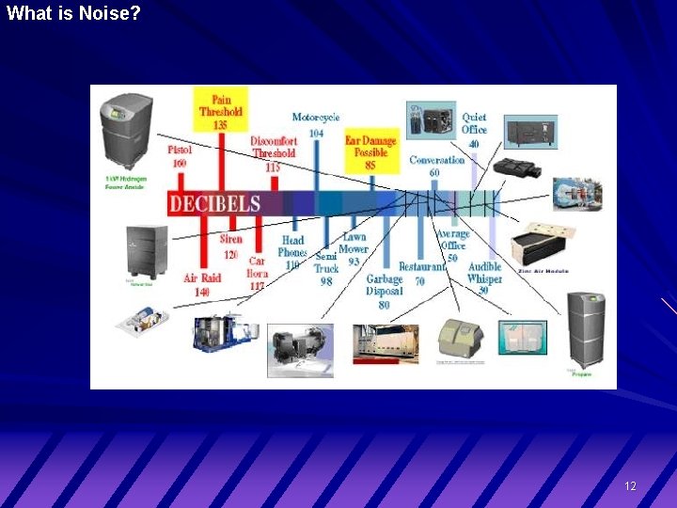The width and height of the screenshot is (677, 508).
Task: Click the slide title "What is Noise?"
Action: pos(73,13)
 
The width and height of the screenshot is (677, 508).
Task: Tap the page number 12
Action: pos(630,486)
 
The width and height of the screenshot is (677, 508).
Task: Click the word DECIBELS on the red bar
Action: pos(215,204)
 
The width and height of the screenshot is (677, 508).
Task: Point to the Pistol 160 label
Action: pos(180,156)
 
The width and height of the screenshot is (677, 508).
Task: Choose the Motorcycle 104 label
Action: pos(316,125)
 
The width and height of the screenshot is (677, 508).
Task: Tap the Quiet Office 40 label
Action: pos(474,131)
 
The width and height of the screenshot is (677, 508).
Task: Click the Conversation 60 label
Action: pos(436,166)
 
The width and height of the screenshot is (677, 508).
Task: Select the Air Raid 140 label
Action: pos(202,285)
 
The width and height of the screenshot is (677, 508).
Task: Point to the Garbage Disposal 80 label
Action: pos(384,292)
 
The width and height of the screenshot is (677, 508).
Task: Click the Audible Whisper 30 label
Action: pos(484,278)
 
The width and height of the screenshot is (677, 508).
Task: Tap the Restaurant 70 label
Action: pos(421,274)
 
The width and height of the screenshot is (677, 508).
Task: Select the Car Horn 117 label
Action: pos(257,273)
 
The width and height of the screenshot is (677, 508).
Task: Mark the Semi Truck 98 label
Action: pos(326,268)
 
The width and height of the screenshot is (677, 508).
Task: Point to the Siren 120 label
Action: pos(230,246)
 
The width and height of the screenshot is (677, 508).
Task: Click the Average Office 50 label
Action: pos(452,246)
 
